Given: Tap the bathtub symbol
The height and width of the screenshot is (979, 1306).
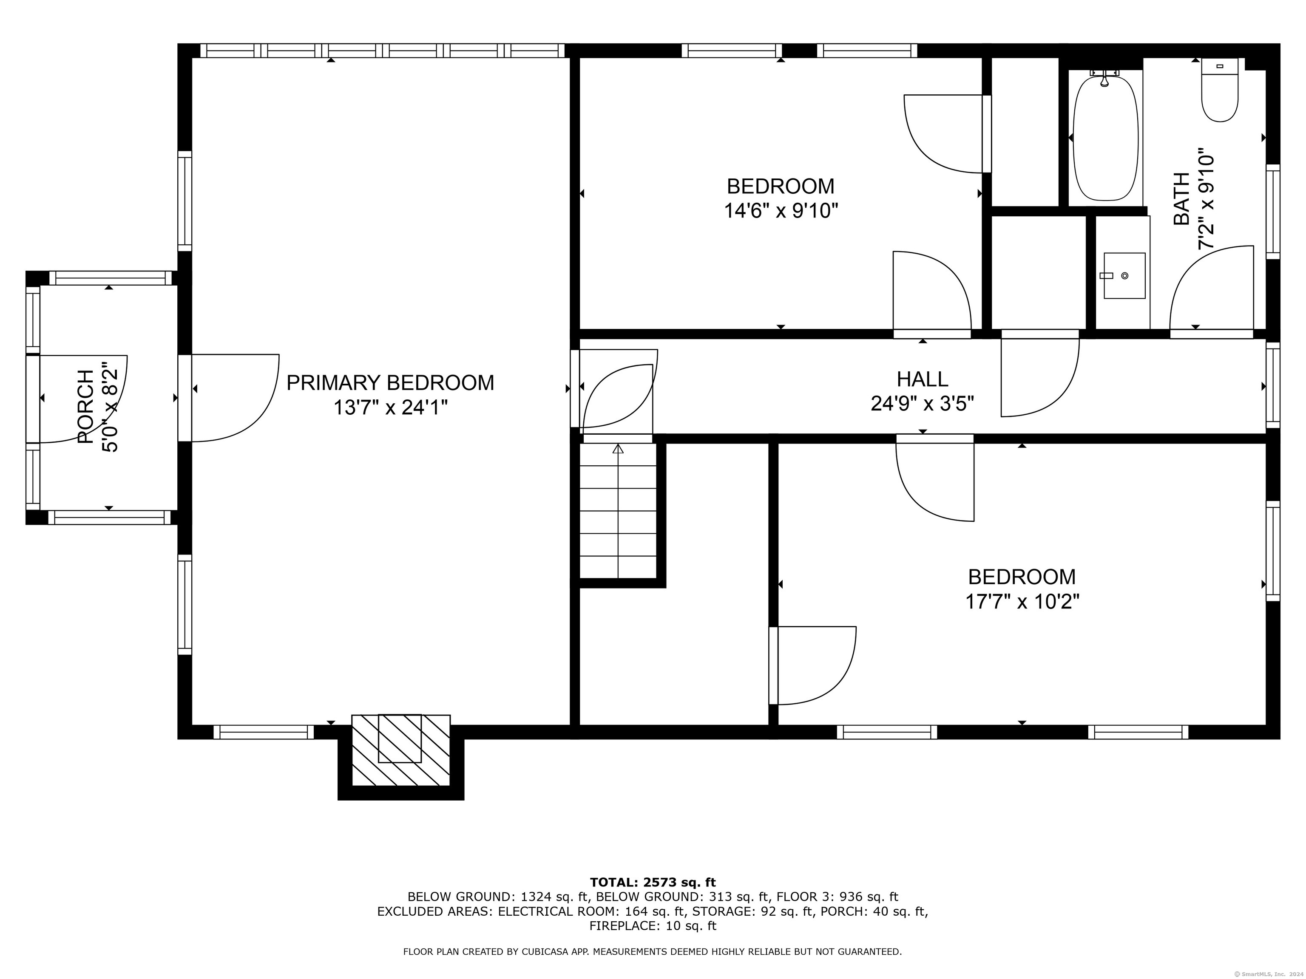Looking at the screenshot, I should click(x=1104, y=138).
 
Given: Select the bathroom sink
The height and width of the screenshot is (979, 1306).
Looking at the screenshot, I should click(x=1124, y=276).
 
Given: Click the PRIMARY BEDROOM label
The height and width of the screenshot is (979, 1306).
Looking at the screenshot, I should click(x=390, y=383).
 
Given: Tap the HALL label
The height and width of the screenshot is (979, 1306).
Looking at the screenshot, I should click(x=922, y=379).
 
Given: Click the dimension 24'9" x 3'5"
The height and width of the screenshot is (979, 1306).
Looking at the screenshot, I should click(x=922, y=404).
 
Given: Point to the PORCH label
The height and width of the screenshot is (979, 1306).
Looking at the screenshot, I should click(x=86, y=407).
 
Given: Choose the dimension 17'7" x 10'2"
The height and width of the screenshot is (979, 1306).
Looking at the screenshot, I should click(x=1022, y=602).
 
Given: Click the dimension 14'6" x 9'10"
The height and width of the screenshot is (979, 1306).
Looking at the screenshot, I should click(x=781, y=211).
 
